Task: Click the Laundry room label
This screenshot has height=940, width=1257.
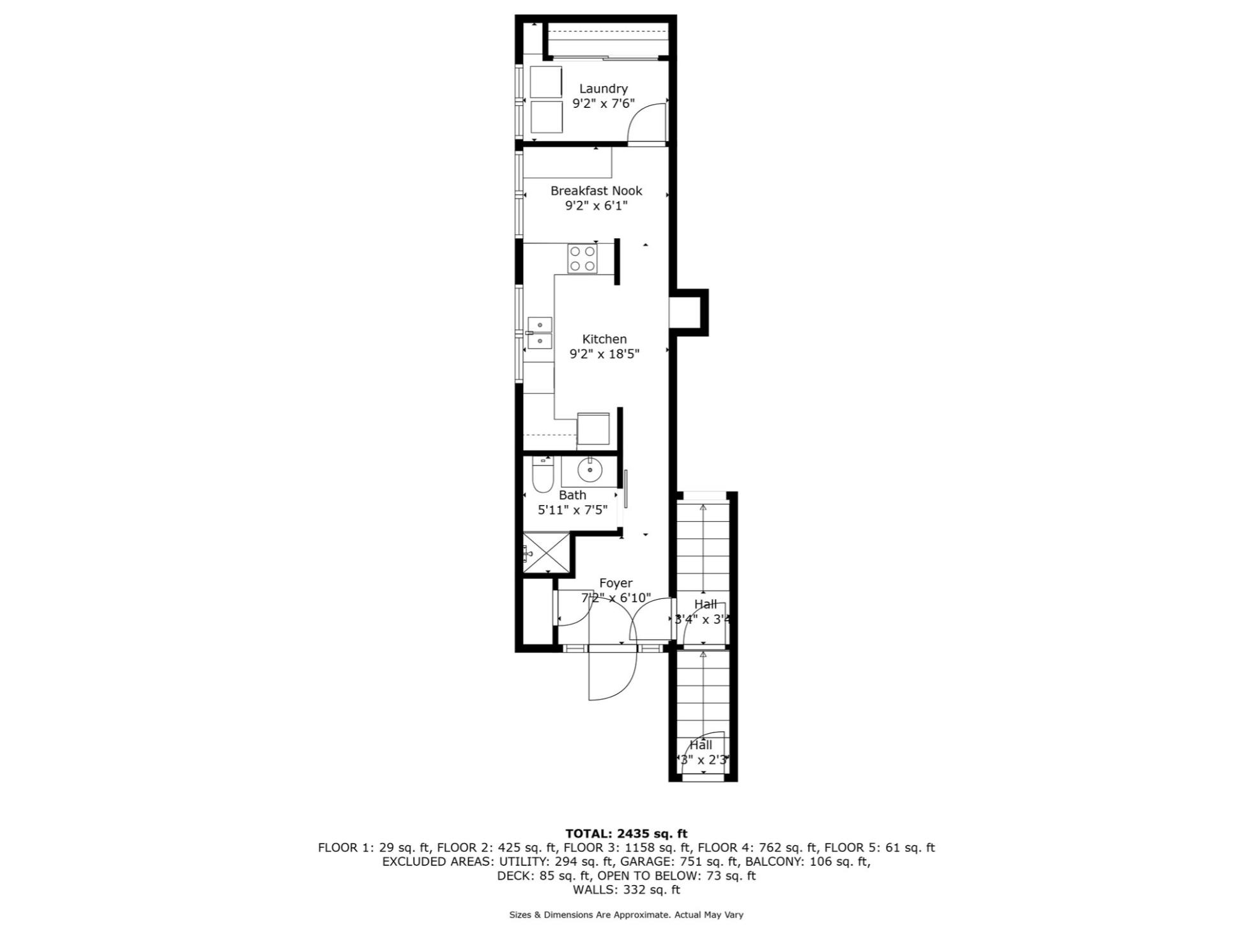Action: coord(603,89)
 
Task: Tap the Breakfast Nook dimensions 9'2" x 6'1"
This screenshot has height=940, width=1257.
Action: coord(596,206)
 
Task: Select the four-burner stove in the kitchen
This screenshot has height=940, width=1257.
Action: coord(582,259)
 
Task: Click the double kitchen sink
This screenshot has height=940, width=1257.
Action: coord(540,333)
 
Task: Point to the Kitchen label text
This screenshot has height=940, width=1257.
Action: coord(604,339)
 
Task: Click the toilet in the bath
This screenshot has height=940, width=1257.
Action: coord(542,476)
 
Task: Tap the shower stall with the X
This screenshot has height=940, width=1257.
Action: coord(546,553)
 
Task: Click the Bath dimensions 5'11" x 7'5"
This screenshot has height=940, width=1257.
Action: coord(572,510)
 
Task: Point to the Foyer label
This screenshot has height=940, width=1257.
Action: coord(616,583)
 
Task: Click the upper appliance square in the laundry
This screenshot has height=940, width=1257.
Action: coord(545,82)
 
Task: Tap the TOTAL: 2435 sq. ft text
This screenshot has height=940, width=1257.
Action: coord(626,833)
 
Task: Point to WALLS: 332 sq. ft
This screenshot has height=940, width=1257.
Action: coord(626,890)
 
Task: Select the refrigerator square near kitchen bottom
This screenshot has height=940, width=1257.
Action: coord(593,428)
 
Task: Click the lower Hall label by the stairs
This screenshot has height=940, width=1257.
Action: coord(701,745)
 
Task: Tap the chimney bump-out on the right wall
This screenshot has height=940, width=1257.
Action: coord(689,312)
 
